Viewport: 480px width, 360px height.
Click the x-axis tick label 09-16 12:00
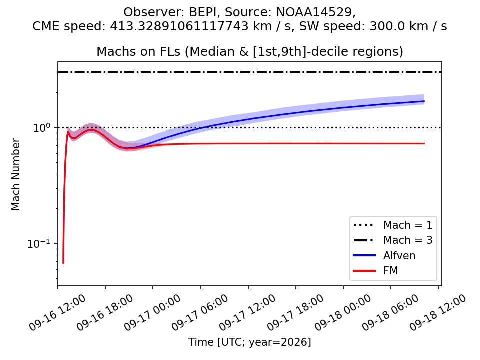point(57,313)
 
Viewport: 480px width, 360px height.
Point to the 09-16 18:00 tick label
point(104,313)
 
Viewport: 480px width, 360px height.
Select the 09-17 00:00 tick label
point(152,313)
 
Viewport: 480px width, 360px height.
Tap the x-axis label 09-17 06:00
point(199,313)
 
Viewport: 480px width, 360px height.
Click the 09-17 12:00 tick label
point(247,313)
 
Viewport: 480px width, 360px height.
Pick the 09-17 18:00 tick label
point(295,313)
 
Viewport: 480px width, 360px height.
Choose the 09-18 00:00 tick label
point(342,313)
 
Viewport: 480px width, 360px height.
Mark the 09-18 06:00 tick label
point(390,313)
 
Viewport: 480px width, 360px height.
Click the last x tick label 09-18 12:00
point(438,313)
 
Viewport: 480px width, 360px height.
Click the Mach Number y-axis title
point(15,174)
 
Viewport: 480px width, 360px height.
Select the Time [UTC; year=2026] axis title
point(250,342)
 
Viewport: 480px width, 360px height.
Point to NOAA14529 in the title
point(314,12)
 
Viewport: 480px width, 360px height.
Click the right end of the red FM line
point(424,143)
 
